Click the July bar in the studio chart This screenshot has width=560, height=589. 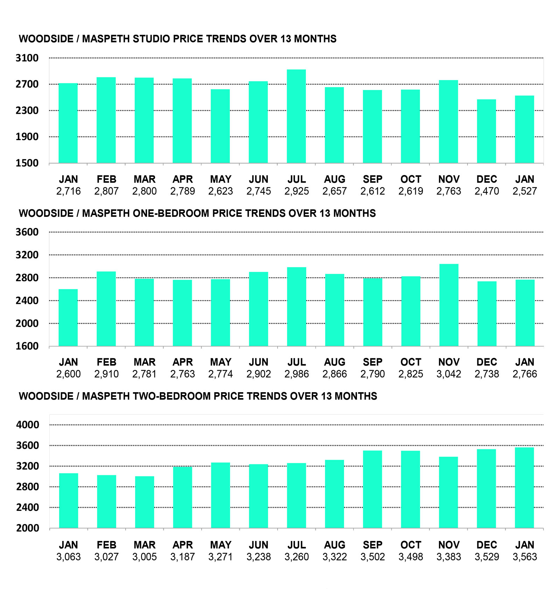(296, 116)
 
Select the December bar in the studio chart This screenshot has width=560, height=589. (486, 131)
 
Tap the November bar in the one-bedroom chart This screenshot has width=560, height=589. (449, 305)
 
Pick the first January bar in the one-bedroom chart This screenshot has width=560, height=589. (68, 318)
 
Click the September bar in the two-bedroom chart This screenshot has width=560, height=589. (372, 489)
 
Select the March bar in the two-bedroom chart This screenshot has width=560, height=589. (145, 502)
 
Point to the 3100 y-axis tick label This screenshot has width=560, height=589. (27, 58)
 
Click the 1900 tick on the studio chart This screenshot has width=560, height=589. (27, 137)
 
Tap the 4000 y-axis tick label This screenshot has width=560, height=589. (27, 425)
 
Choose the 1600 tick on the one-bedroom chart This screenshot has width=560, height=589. (27, 346)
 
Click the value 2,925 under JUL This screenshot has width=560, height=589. (296, 191)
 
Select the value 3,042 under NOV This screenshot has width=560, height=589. (449, 374)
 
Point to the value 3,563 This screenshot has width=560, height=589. (525, 557)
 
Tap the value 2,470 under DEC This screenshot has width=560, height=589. (486, 191)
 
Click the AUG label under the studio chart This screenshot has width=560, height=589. (335, 179)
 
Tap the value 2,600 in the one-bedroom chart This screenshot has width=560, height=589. (69, 374)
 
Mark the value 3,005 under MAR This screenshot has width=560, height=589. (145, 557)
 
